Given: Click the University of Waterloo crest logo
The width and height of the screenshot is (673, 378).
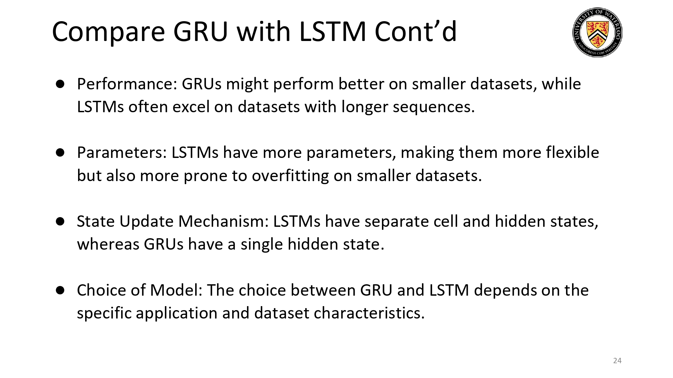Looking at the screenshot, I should click(597, 32).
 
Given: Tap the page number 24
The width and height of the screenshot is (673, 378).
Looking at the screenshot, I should click(617, 361).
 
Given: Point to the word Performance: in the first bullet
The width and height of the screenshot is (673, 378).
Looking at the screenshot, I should click(127, 84).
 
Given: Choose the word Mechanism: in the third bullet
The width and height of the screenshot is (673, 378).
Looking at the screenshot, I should click(223, 221).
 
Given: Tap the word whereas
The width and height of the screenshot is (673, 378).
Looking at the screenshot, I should click(108, 244).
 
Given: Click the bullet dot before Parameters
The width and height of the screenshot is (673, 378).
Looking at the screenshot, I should click(60, 153).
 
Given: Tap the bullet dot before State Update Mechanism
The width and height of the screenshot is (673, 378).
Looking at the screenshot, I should click(60, 221).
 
